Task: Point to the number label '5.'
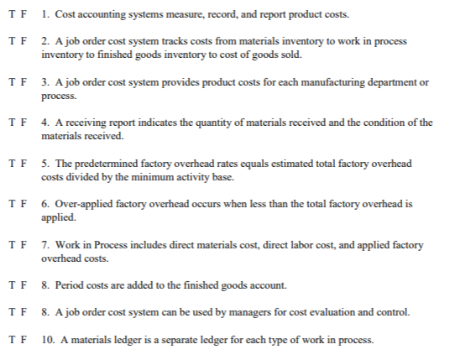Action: [x=44, y=163]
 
